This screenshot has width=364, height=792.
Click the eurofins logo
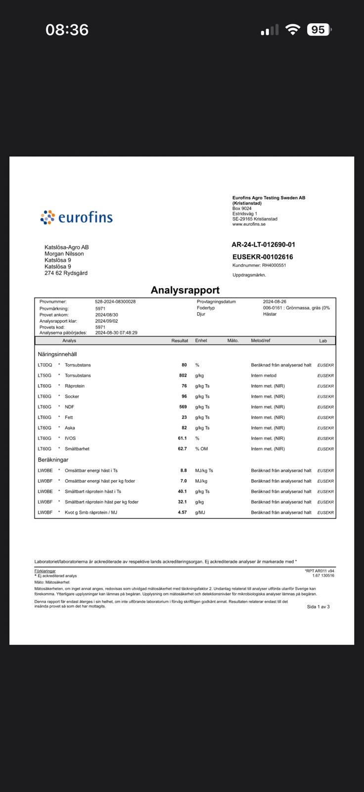pos(77,217)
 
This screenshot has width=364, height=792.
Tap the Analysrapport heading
pos(185,290)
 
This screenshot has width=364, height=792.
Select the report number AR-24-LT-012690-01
pos(263,245)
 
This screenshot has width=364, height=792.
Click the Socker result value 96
pos(184,396)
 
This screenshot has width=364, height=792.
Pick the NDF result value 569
pos(182,407)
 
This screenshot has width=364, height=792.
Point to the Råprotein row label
pos(75,386)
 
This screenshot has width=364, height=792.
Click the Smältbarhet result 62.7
pos(182,449)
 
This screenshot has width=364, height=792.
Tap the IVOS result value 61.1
pos(182,439)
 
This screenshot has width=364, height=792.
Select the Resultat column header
pos(180,341)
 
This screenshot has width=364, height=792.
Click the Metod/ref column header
pos(261,341)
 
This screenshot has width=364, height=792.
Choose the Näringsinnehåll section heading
pos(57,354)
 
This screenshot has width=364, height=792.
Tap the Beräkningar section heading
pos(53,460)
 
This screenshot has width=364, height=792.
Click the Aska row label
pos(70,428)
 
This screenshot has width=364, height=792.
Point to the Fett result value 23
pos(184,417)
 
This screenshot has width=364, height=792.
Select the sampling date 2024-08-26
pos(274,301)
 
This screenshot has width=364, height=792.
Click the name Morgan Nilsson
pos(64,254)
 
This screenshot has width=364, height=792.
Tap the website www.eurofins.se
pos(249,224)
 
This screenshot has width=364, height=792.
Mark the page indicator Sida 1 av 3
pos(318,606)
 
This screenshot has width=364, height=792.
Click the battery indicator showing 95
pos(318,30)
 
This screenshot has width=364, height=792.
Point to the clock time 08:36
pos(67,30)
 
